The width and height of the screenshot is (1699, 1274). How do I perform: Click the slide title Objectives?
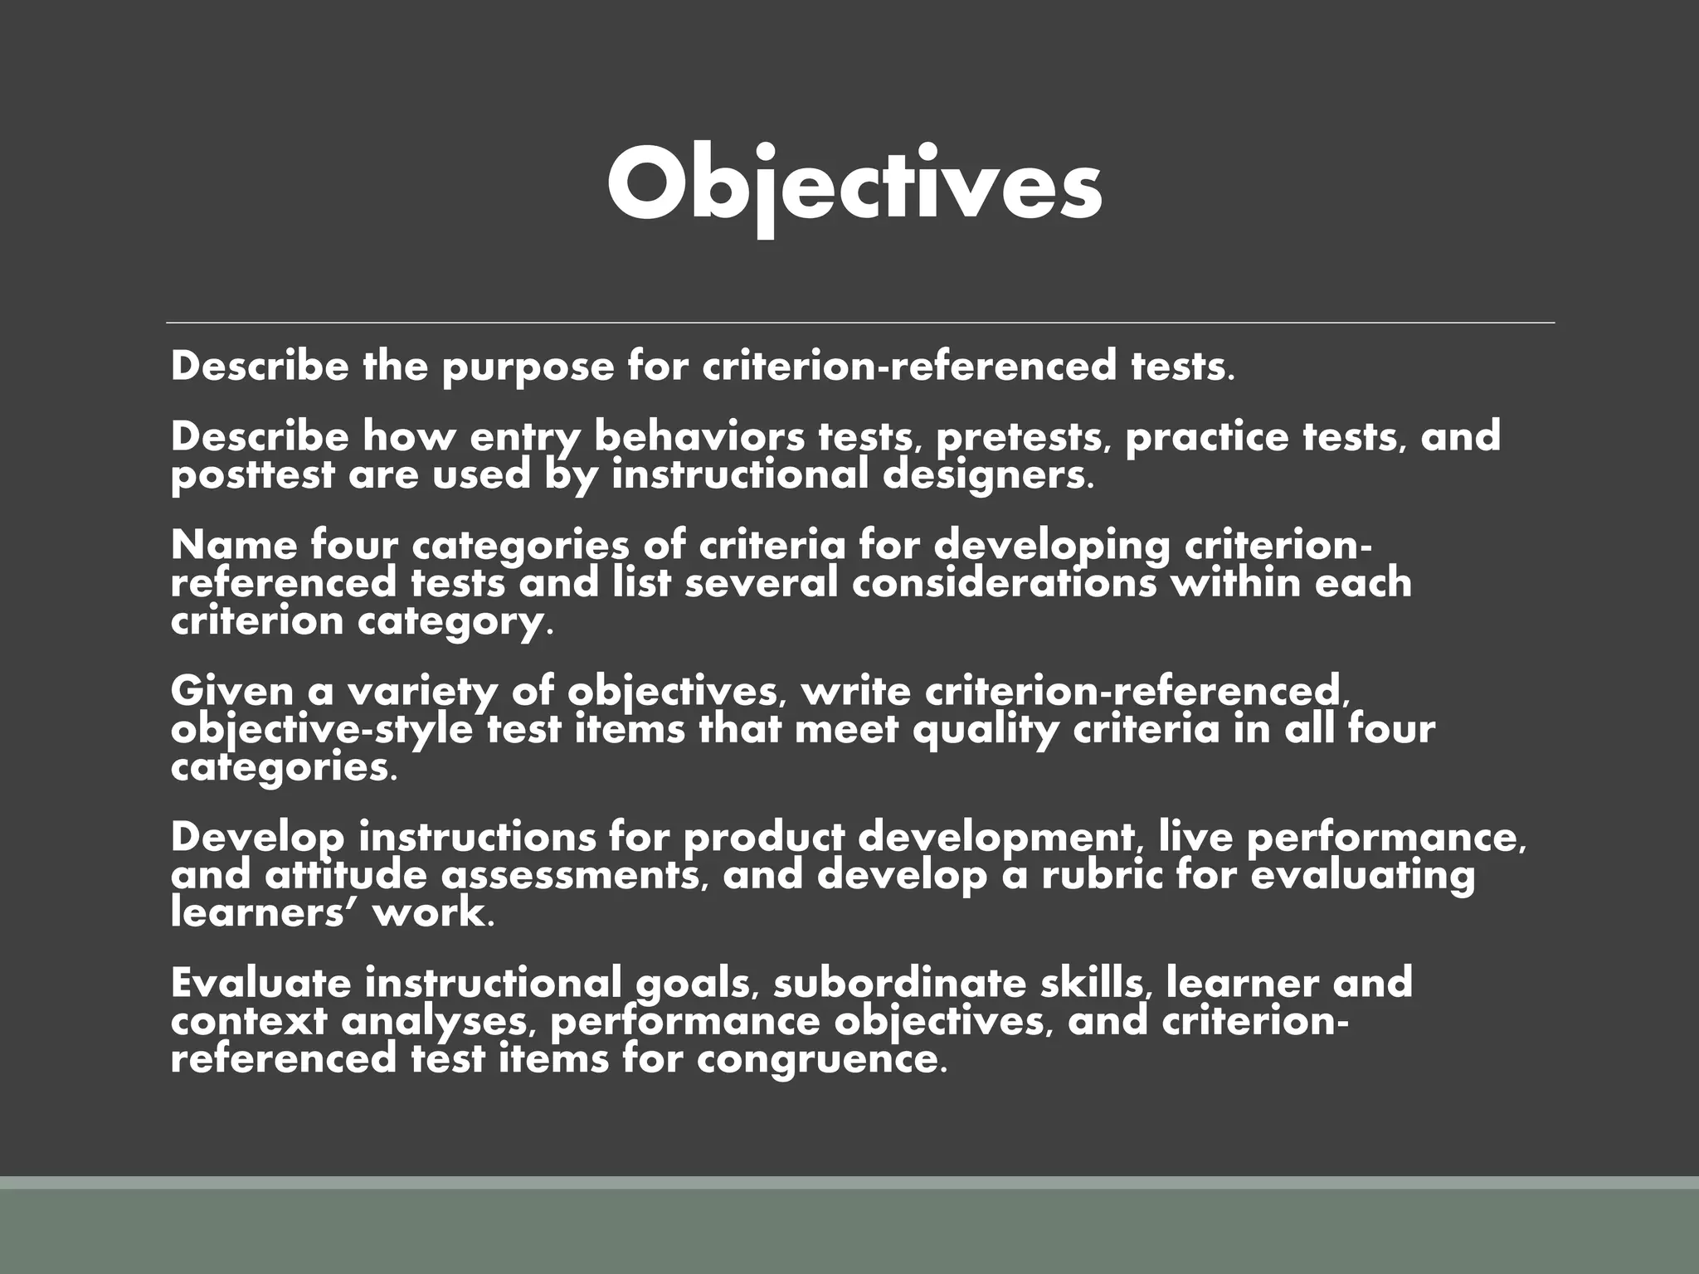(x=854, y=184)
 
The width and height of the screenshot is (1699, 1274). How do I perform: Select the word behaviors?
(x=699, y=437)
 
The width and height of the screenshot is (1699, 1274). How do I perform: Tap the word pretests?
(x=1022, y=437)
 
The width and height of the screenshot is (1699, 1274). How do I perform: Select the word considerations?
(x=1004, y=582)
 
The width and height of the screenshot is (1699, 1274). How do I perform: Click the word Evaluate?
(x=260, y=983)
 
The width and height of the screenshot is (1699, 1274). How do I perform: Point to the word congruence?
(x=821, y=1060)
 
